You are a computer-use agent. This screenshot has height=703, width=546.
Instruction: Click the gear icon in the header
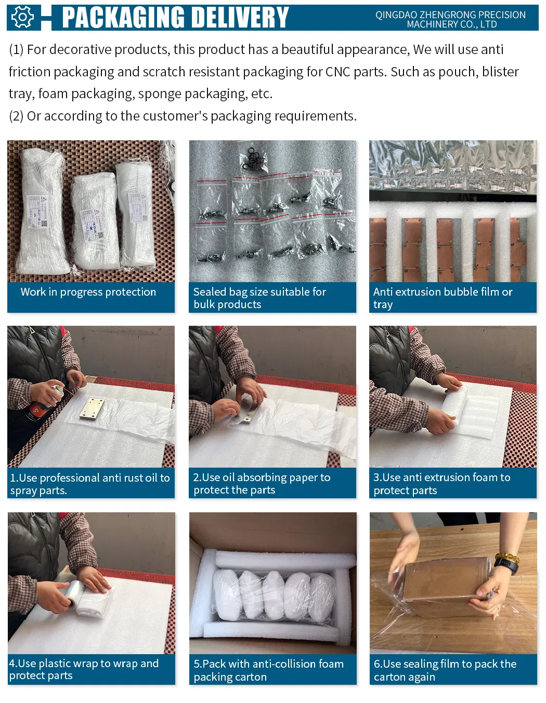pos(23,17)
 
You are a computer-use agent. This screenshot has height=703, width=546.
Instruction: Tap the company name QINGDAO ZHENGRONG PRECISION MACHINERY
pos(450,20)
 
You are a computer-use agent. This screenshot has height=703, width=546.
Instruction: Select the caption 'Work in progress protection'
pos(88,292)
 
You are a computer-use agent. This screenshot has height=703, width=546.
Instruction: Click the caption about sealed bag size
pos(259,298)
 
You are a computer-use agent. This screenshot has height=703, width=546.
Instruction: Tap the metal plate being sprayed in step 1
pos(93,408)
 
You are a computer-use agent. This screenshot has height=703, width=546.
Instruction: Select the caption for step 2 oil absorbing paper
pos(262,483)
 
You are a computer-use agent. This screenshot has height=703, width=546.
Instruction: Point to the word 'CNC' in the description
pos(337,72)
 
